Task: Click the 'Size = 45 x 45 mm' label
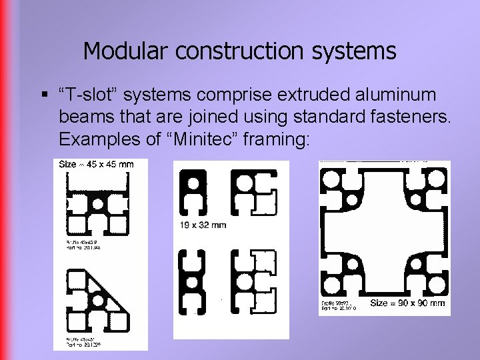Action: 96,165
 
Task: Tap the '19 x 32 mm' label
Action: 203,225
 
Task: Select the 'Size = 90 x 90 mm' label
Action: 407,303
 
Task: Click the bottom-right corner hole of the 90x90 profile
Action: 435,285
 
